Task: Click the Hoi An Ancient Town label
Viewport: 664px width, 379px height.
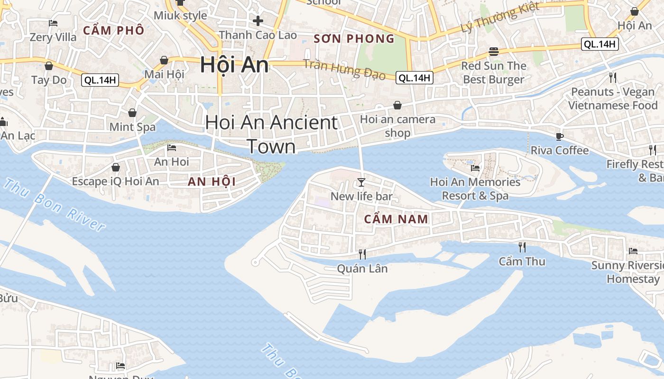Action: click(271, 135)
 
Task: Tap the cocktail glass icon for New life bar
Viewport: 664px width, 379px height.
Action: click(361, 182)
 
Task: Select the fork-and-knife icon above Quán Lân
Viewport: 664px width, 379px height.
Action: click(362, 254)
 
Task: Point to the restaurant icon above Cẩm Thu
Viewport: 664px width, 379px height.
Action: click(522, 247)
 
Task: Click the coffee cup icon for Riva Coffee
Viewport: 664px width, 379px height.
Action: click(560, 136)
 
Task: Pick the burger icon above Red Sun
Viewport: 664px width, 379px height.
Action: click(494, 52)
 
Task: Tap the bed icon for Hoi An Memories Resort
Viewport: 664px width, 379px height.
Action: click(475, 168)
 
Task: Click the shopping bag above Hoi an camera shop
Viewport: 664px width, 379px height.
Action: click(397, 105)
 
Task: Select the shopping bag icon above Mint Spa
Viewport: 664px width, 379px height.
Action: click(132, 113)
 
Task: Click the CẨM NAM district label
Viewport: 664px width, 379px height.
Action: click(397, 219)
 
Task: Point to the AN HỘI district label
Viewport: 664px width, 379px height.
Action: click(212, 181)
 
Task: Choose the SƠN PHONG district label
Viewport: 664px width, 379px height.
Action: click(354, 39)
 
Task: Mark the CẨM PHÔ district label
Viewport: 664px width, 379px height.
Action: click(113, 31)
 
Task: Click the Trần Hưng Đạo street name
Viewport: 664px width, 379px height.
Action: click(344, 70)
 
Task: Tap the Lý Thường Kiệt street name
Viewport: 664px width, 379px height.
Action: click(500, 18)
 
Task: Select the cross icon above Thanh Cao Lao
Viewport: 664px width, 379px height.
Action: click(258, 21)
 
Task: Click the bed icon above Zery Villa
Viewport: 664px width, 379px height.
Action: click(53, 23)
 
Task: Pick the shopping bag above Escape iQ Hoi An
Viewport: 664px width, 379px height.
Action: click(115, 167)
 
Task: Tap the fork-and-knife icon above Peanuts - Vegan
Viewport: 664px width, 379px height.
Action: click(613, 77)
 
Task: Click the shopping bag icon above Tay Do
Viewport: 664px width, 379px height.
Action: click(49, 66)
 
